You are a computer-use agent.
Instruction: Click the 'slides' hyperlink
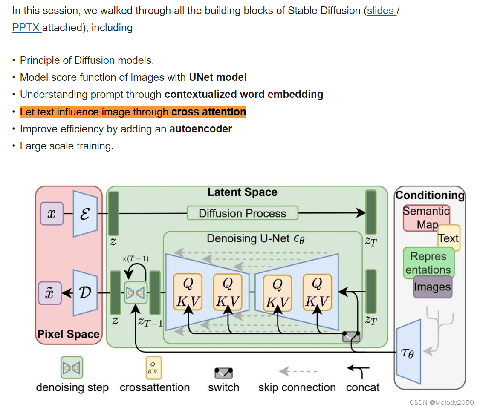380,11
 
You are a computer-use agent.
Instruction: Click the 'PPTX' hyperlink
26,28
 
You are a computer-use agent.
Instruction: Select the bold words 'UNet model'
218,77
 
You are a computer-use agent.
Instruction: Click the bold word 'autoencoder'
200,129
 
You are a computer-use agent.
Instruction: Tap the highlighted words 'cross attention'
208,112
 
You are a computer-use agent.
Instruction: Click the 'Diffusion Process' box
242,213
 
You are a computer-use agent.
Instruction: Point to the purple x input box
52,213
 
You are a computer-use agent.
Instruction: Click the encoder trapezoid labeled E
85,214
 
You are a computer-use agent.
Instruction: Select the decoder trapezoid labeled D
85,292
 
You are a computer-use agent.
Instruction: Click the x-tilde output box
50,293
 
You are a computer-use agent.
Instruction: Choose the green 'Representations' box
428,263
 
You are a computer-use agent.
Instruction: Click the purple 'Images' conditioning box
432,287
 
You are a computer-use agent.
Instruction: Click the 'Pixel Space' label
68,334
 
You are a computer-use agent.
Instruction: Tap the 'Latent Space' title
242,192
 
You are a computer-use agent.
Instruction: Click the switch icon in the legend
223,373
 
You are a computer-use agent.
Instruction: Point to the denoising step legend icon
72,367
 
